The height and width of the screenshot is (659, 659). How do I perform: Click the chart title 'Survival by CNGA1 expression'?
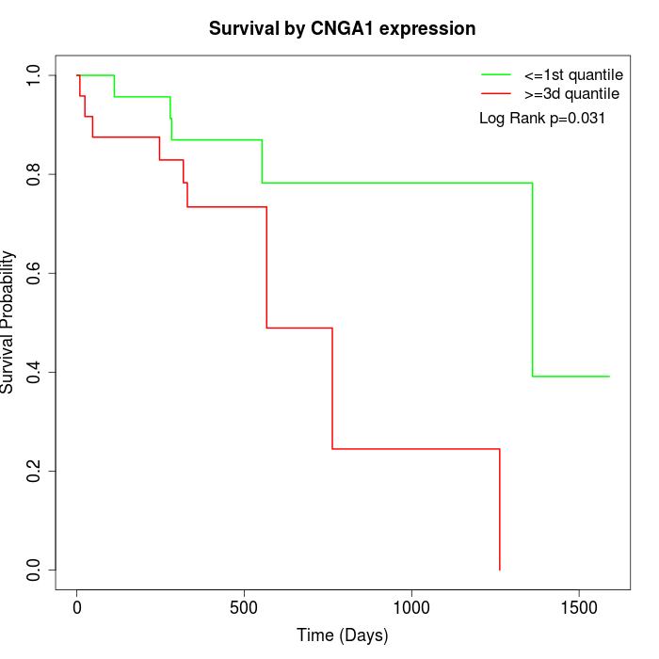pyautogui.click(x=342, y=29)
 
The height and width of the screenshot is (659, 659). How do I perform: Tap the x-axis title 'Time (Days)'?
pyautogui.click(x=342, y=635)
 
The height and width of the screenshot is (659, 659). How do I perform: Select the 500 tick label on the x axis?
pyautogui.click(x=245, y=607)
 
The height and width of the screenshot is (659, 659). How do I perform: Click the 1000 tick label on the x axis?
pyautogui.click(x=411, y=607)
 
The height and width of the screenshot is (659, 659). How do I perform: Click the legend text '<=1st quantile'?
pyautogui.click(x=572, y=74)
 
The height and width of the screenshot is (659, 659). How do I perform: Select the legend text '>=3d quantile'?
pyautogui.click(x=571, y=94)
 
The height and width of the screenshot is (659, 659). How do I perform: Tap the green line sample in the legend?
pyautogui.click(x=496, y=74)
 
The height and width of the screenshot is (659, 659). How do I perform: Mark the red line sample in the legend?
pyautogui.click(x=496, y=94)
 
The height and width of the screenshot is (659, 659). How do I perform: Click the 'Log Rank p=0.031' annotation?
pyautogui.click(x=541, y=119)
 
